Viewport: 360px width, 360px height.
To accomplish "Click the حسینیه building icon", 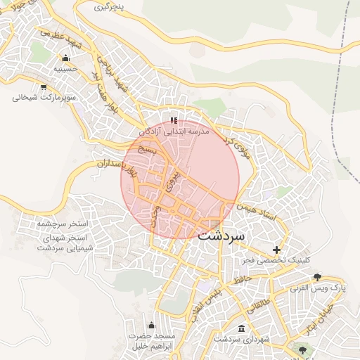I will (66, 58).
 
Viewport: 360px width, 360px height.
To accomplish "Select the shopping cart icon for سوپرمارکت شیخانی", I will (44, 87).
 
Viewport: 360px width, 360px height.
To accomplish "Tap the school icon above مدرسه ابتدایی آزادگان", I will (174, 120).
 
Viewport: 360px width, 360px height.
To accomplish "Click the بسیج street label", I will (145, 149).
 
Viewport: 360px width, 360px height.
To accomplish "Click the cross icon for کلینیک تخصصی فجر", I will (277, 250).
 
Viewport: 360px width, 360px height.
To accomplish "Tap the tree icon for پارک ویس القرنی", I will (317, 276).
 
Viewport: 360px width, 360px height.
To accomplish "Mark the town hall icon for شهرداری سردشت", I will (242, 329).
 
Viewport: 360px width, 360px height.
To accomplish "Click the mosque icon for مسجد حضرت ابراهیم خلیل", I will (151, 324).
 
